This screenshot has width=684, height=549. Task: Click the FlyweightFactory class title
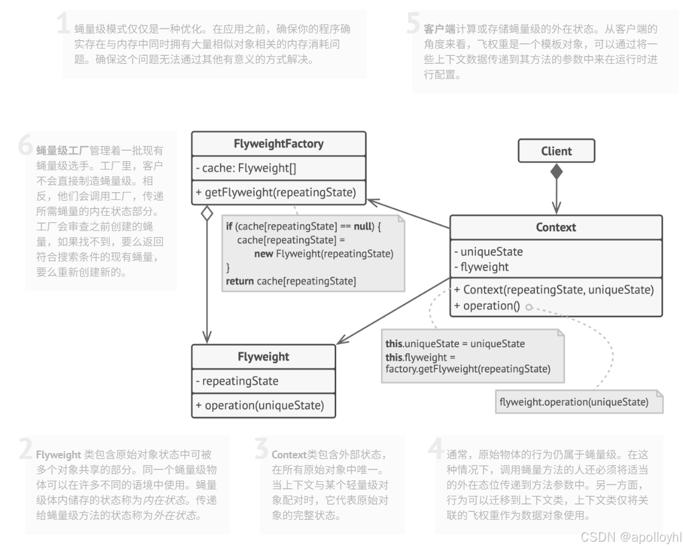(x=278, y=144)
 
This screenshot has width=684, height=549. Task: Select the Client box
(x=556, y=151)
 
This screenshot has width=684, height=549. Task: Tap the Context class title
(x=556, y=227)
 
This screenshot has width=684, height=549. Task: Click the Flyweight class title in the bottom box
(x=263, y=356)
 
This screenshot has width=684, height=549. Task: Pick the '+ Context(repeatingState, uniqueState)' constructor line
(x=553, y=290)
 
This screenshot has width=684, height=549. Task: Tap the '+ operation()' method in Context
(x=486, y=306)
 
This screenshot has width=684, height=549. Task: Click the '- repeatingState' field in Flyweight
(x=237, y=381)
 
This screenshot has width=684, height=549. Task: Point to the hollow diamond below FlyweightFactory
(x=207, y=213)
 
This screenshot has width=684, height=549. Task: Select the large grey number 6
(x=26, y=145)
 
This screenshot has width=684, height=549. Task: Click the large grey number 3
(x=261, y=449)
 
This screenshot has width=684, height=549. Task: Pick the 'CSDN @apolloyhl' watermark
(x=630, y=537)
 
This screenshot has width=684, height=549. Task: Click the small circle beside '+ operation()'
(x=528, y=308)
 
